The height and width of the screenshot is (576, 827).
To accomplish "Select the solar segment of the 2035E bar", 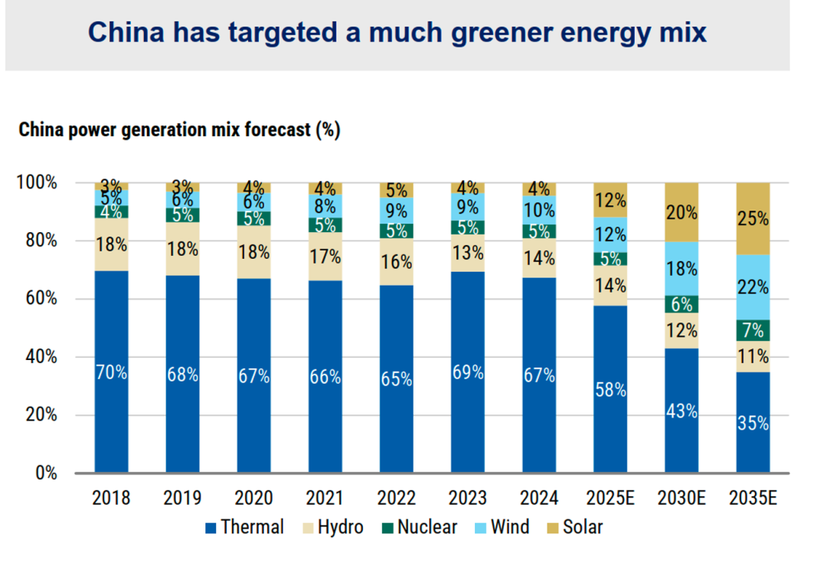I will pyautogui.click(x=753, y=218).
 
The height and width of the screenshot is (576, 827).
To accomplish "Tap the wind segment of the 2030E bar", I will pyautogui.click(x=681, y=268).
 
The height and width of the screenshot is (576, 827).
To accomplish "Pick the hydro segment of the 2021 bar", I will pyautogui.click(x=325, y=256).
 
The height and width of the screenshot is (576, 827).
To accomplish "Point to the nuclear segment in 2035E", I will pyautogui.click(x=753, y=330).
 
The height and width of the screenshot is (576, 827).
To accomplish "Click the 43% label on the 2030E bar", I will pyautogui.click(x=681, y=411).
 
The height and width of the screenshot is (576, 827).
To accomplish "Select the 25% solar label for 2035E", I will pyautogui.click(x=753, y=219).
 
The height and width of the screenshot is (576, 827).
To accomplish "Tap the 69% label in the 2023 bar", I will pyautogui.click(x=468, y=372).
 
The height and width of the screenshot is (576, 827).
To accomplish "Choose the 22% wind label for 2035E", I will pyautogui.click(x=753, y=287).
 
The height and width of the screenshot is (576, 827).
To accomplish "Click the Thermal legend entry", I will pyautogui.click(x=244, y=527).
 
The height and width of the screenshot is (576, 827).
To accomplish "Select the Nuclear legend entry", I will pyautogui.click(x=419, y=527).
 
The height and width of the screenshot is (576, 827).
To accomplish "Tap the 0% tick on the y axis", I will pyautogui.click(x=45, y=473).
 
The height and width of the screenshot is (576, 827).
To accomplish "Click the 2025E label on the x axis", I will pyautogui.click(x=610, y=498).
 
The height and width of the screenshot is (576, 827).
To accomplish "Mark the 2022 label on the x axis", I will pyautogui.click(x=397, y=498).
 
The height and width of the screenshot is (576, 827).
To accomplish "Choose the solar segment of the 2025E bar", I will pyautogui.click(x=610, y=200).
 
